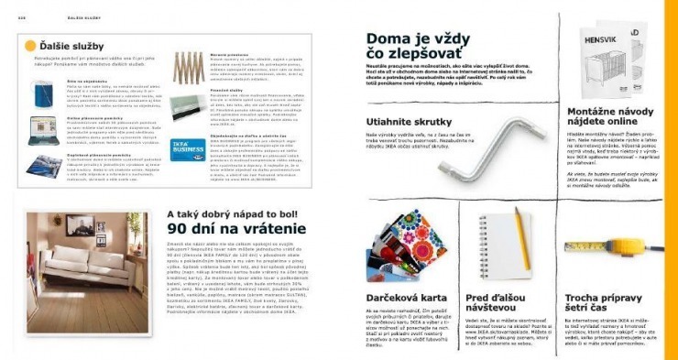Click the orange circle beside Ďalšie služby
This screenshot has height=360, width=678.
coord(30,46)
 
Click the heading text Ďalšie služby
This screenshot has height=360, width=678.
coord(71,46)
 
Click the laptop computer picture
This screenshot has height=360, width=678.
coord(44,129)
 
